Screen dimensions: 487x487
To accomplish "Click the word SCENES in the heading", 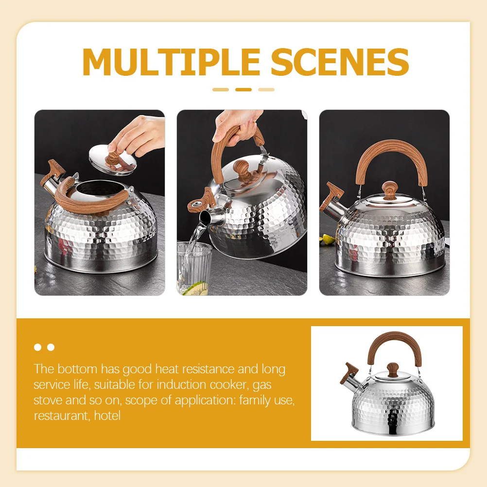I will pyautogui.click(x=340, y=62).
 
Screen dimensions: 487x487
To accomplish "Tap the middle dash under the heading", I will pyautogui.click(x=243, y=89).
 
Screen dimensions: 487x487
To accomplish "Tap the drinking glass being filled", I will pyautogui.click(x=194, y=267).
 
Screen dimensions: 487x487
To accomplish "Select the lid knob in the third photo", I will pyautogui.click(x=390, y=190).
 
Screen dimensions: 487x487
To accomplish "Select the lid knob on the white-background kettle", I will pyautogui.click(x=393, y=368).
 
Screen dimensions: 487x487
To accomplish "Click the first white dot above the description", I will pyautogui.click(x=38, y=347).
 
